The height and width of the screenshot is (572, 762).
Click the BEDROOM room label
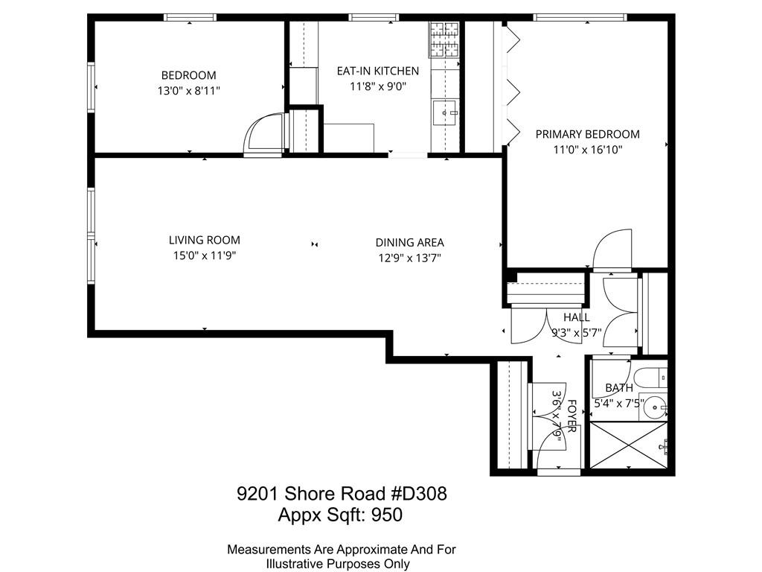click(188, 75)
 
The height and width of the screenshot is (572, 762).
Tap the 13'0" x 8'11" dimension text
click(188, 90)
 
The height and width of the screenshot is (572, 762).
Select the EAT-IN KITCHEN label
click(377, 71)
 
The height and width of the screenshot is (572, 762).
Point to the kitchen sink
click(446, 113)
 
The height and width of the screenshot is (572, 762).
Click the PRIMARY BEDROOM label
click(587, 134)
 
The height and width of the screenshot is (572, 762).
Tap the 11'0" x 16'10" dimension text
click(587, 149)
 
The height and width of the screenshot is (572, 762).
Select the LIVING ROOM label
click(204, 240)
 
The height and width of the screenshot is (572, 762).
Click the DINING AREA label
click(409, 242)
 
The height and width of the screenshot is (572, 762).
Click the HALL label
click(576, 317)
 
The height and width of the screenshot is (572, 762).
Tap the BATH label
click(618, 388)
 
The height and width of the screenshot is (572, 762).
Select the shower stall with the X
click(628, 446)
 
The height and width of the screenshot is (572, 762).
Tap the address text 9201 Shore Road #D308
click(342, 493)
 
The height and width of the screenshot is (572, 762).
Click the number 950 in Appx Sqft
click(386, 514)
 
